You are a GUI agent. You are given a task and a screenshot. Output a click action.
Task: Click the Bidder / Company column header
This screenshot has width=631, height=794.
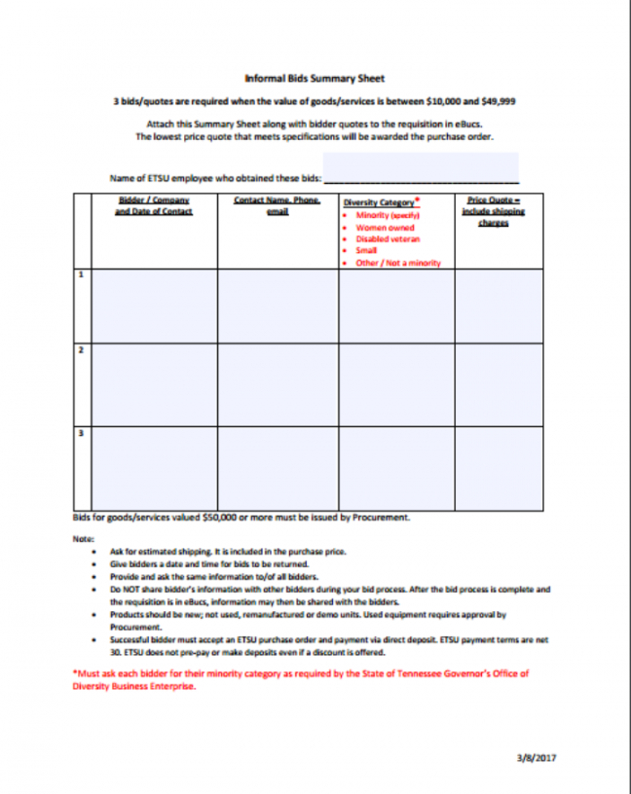point(153,205)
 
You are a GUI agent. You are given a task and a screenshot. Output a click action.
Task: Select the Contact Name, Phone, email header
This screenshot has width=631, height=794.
point(278,205)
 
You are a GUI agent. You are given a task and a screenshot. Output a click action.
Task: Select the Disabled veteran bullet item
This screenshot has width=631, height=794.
point(387,238)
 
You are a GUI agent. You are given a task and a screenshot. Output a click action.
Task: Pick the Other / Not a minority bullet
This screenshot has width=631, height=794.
point(398,263)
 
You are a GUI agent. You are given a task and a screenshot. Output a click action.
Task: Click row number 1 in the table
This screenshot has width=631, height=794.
point(81,276)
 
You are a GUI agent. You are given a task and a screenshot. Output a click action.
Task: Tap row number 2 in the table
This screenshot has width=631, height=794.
point(81,349)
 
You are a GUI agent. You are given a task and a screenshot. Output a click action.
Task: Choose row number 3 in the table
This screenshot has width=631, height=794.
point(81,432)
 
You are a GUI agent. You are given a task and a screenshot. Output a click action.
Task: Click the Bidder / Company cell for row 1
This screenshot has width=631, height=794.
point(154,306)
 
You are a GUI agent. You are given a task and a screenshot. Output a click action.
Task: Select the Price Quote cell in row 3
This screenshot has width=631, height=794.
point(495,466)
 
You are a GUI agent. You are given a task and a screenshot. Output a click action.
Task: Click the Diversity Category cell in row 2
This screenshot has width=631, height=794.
point(396,383)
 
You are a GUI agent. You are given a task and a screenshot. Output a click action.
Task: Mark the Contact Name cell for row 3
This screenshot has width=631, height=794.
point(278,466)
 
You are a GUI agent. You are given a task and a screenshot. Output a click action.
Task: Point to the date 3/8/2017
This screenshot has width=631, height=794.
point(537,757)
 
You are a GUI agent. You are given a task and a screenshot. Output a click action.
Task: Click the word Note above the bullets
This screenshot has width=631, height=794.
point(83,538)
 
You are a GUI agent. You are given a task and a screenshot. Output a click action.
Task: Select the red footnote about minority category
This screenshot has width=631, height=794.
point(301,679)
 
